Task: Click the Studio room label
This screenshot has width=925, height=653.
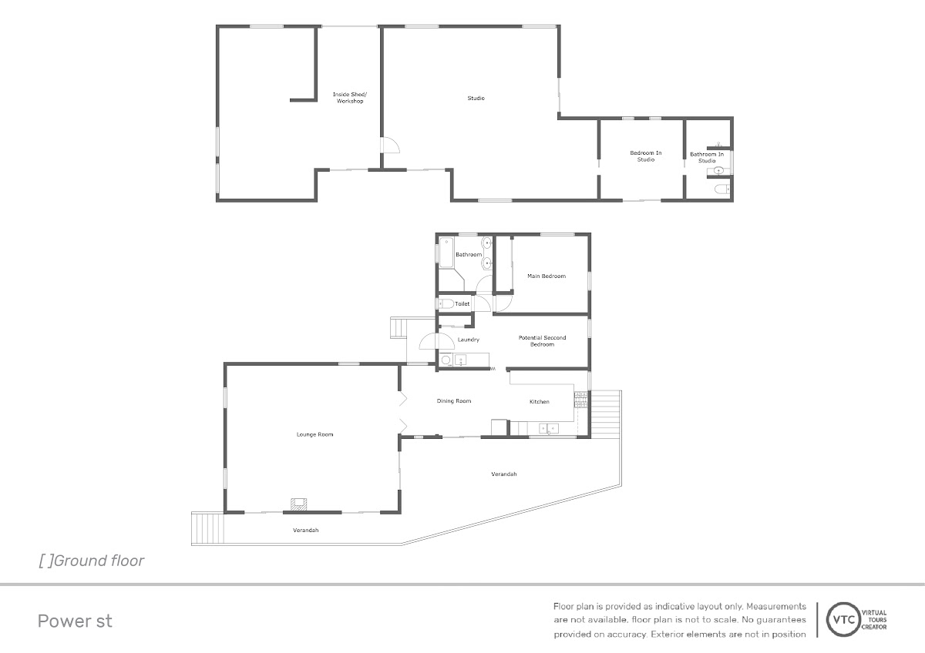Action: pyautogui.click(x=476, y=98)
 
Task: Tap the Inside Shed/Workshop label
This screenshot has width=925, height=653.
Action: pyautogui.click(x=350, y=98)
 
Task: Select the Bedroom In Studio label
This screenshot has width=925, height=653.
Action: pyautogui.click(x=645, y=156)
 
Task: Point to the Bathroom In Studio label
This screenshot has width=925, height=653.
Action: pyautogui.click(x=707, y=158)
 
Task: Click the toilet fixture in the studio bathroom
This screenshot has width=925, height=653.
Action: pyautogui.click(x=722, y=189)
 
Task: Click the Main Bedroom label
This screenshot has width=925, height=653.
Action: pyautogui.click(x=547, y=276)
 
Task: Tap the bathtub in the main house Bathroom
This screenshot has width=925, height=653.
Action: pyautogui.click(x=446, y=253)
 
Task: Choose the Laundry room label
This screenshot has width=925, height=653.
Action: pyautogui.click(x=469, y=340)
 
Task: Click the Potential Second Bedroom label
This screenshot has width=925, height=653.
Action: pyautogui.click(x=542, y=340)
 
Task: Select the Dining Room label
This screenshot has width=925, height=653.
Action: pyautogui.click(x=454, y=401)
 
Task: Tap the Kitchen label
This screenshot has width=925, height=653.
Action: pyautogui.click(x=540, y=402)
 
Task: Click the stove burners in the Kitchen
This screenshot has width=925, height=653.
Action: pyautogui.click(x=580, y=400)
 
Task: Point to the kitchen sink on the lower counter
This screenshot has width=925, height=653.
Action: pyautogui.click(x=549, y=429)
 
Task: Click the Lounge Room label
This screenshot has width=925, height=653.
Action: pyautogui.click(x=314, y=434)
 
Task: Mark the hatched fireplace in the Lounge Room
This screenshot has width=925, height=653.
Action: pyautogui.click(x=298, y=504)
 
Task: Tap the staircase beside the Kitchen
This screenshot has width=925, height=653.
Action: pyautogui.click(x=605, y=414)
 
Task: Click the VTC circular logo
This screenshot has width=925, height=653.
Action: pyautogui.click(x=843, y=620)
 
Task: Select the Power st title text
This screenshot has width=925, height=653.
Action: pyautogui.click(x=75, y=621)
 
